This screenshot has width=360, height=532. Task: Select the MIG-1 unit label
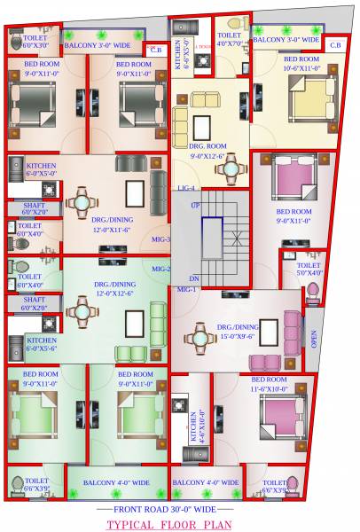click(186, 290)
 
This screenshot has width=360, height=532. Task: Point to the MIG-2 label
click(161, 269)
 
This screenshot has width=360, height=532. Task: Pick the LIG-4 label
click(185, 188)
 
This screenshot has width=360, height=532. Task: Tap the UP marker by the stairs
click(195, 205)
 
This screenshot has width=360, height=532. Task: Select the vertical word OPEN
click(313, 339)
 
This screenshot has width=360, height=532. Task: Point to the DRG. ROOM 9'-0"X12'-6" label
click(210, 152)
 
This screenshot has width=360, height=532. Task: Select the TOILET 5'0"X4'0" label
click(308, 269)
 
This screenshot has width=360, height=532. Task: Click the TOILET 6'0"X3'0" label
click(35, 41)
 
